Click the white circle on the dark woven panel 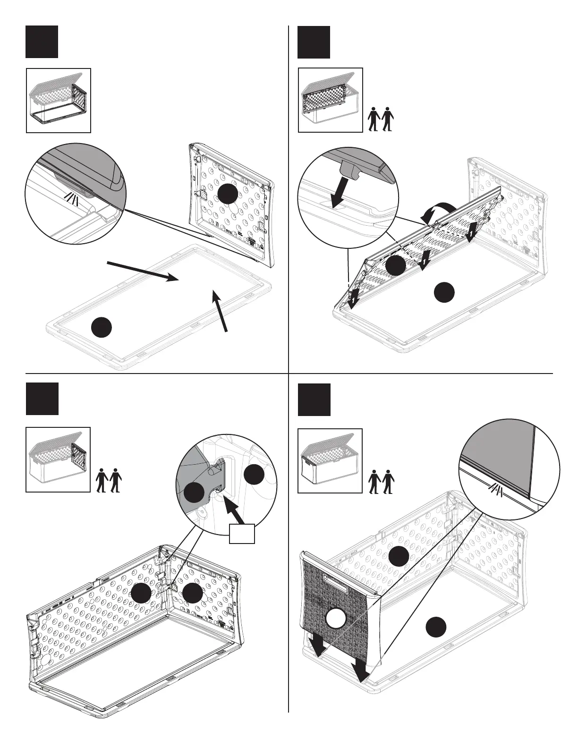pyautogui.click(x=336, y=618)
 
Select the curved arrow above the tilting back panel pyautogui.click(x=438, y=211)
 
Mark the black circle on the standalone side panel pyautogui.click(x=227, y=193)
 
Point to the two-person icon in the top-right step pyautogui.click(x=381, y=119)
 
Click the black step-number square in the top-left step pyautogui.click(x=42, y=42)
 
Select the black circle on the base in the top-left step pyautogui.click(x=102, y=327)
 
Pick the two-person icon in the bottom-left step pyautogui.click(x=109, y=480)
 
